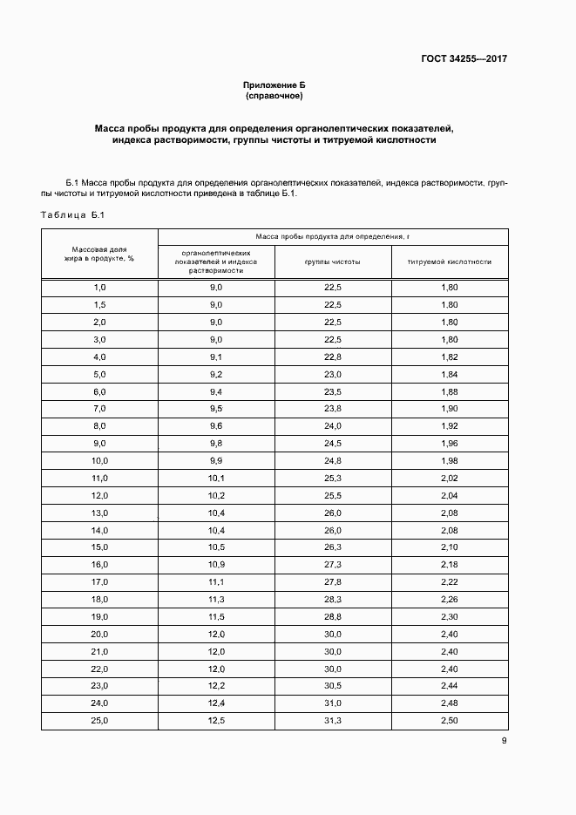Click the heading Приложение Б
[274, 85]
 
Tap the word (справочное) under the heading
[274, 96]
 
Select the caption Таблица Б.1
[73, 214]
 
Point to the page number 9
[504, 741]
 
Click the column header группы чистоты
[333, 261]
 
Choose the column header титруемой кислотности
[450, 261]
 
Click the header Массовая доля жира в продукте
[99, 254]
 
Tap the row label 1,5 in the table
[99, 304]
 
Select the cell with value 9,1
[216, 357]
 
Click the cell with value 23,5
[333, 391]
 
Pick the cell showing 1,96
[450, 443]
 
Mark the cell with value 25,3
[333, 478]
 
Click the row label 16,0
[99, 565]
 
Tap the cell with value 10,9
[216, 565]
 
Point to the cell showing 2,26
[450, 599]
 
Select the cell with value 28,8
[333, 616]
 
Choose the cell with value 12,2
[216, 686]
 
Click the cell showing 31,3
[333, 720]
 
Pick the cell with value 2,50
[450, 720]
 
